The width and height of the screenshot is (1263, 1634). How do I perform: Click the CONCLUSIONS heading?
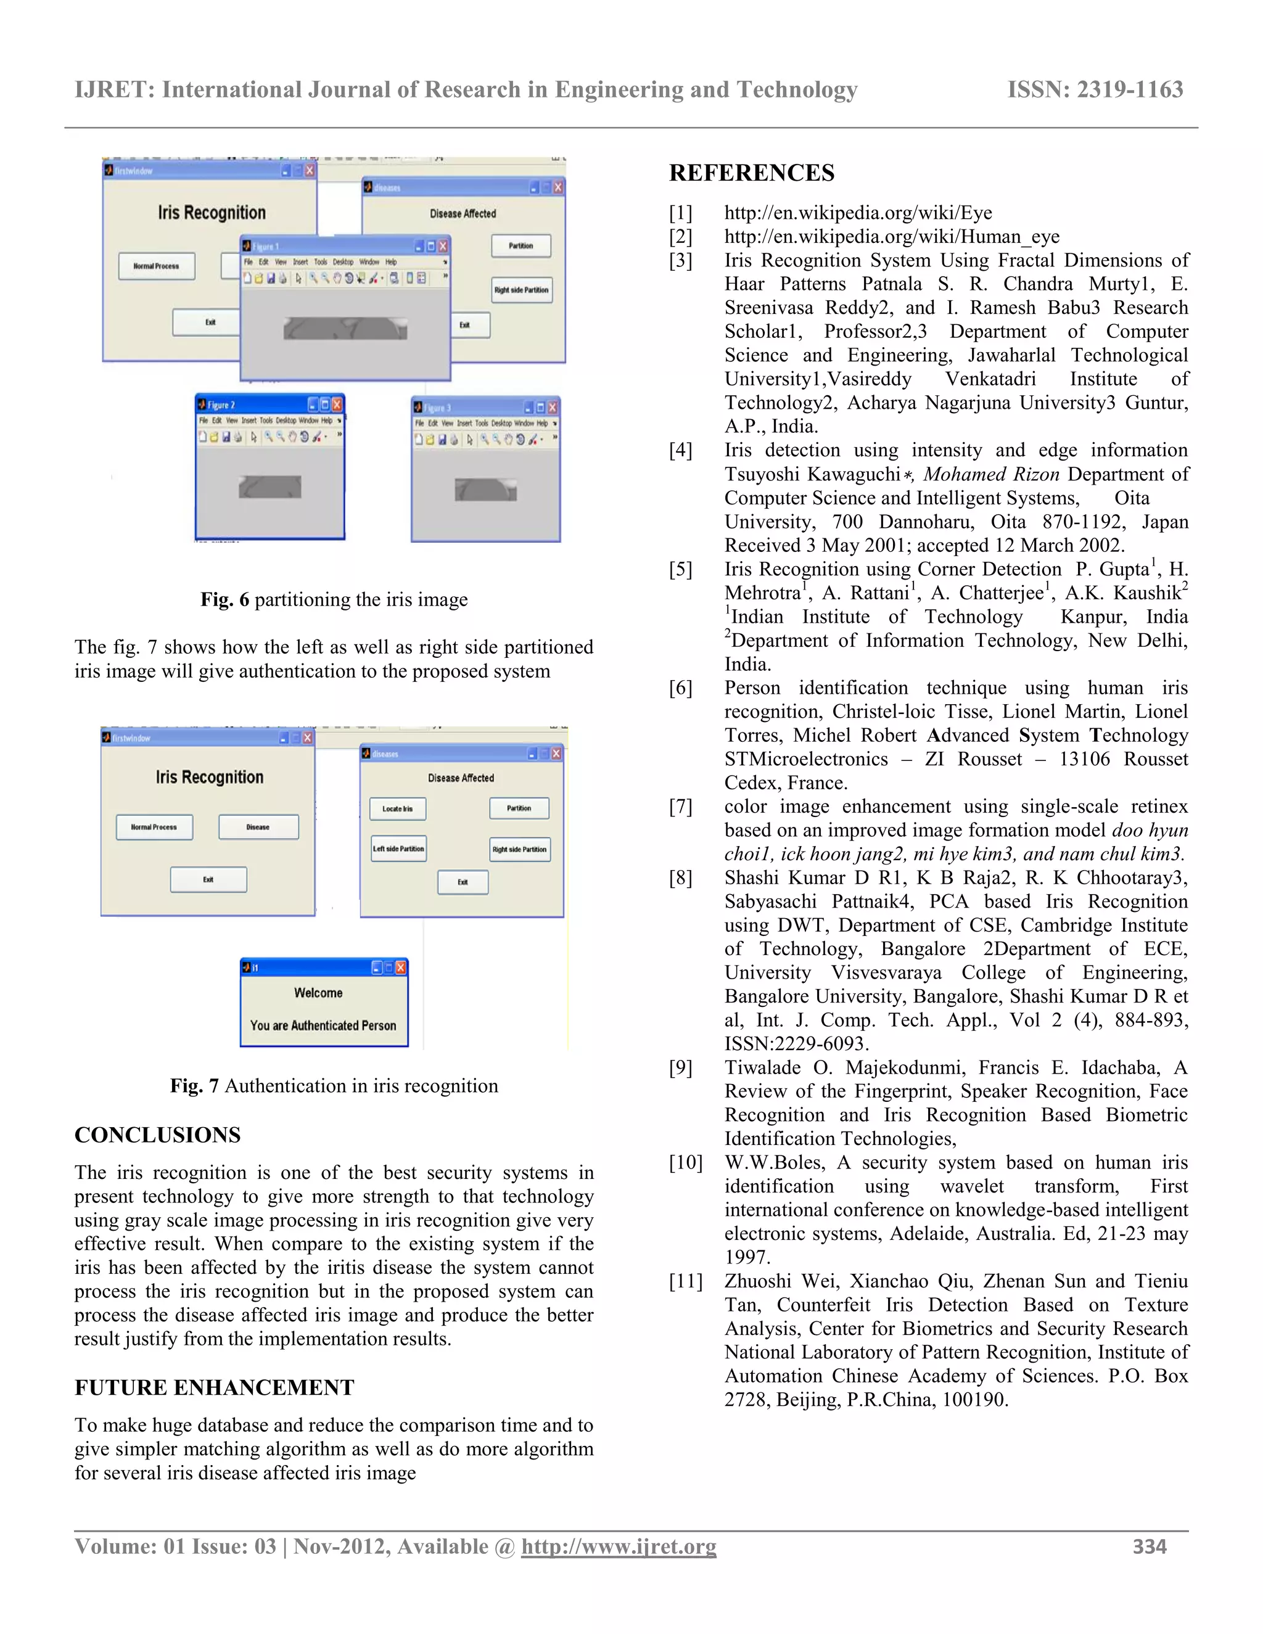coord(157,1135)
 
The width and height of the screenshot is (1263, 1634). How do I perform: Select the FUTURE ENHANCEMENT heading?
coord(214,1387)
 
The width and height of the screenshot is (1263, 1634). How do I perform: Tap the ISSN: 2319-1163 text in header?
coord(1095,90)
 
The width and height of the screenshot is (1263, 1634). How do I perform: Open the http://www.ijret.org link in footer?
coord(618,1546)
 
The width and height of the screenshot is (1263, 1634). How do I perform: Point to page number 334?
coord(1150,1546)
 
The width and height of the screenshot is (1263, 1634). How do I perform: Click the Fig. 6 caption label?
coord(224,599)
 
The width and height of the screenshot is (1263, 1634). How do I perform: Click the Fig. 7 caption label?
coord(194,1086)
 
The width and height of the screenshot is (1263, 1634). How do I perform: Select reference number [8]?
coord(681,877)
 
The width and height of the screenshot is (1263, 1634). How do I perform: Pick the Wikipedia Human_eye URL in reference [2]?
coord(891,236)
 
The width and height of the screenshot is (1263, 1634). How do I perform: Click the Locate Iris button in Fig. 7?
coord(397,809)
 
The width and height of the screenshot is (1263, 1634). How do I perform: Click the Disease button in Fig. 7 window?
coord(258,827)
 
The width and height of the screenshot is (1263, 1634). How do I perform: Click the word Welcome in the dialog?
coord(318,993)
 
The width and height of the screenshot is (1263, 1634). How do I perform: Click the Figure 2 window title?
coord(221,404)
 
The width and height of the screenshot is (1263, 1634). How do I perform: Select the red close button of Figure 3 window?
coord(552,408)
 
